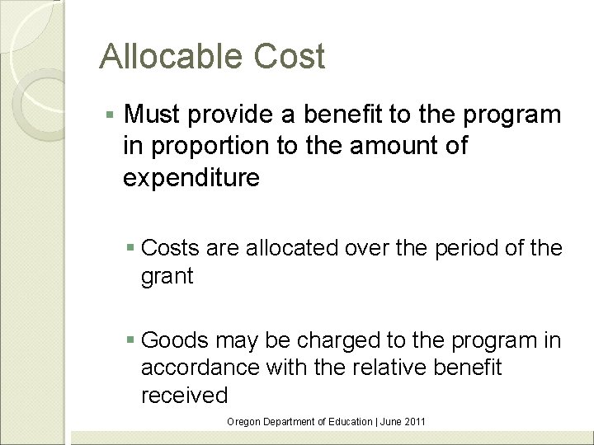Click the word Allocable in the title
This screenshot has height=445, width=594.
[168, 57]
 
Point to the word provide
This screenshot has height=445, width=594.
[239, 115]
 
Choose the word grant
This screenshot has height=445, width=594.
[167, 276]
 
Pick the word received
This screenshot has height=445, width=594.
[184, 395]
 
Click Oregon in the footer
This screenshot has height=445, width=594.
[243, 422]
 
